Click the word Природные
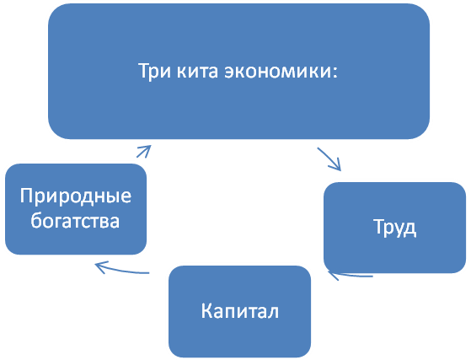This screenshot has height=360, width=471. pyautogui.click(x=76, y=196)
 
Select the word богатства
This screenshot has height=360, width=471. pyautogui.click(x=75, y=221)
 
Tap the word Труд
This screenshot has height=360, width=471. pyautogui.click(x=394, y=228)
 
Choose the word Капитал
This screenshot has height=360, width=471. pyautogui.click(x=239, y=311)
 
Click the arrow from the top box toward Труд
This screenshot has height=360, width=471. pyautogui.click(x=329, y=159)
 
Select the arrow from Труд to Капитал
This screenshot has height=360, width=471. pyautogui.click(x=350, y=275)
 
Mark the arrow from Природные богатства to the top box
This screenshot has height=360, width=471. pyautogui.click(x=144, y=151)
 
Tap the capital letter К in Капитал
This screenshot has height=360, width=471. pyautogui.click(x=206, y=311)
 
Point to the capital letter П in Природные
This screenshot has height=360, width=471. pyautogui.click(x=26, y=196)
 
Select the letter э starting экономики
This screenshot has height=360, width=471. pyautogui.click(x=230, y=73)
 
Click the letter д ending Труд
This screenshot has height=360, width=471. pyautogui.click(x=410, y=229)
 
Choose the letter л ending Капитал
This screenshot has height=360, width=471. pyautogui.click(x=273, y=313)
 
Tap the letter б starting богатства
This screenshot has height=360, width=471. pyautogui.click(x=36, y=221)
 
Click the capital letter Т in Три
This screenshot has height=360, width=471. pyautogui.click(x=145, y=71)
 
